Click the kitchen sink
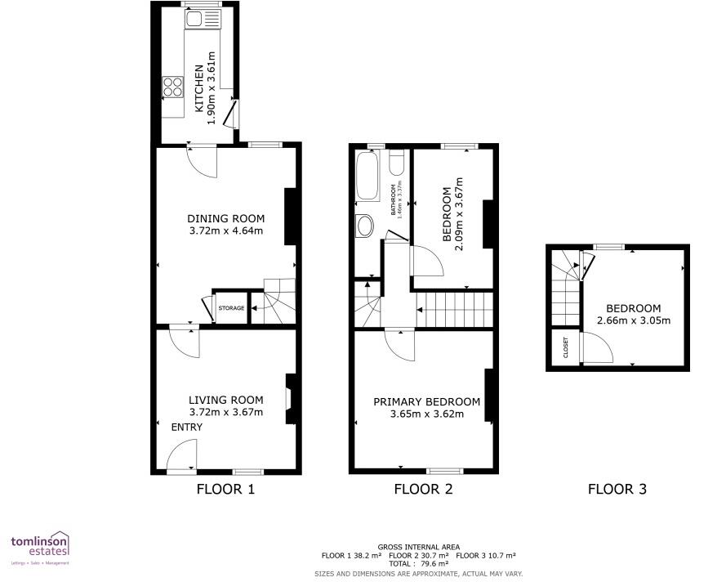(197, 19)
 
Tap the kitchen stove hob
(173, 86)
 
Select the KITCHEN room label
(198, 88)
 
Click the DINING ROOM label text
(226, 218)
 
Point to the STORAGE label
(231, 308)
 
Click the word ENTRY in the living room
(186, 428)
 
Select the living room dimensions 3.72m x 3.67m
(226, 413)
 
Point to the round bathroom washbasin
(364, 226)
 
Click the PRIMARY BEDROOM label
(426, 401)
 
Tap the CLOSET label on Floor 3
(565, 348)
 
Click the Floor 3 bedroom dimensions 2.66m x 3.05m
(634, 320)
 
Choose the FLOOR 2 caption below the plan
(423, 490)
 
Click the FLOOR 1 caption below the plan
(226, 490)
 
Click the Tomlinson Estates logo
(39, 548)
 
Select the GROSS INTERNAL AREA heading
(418, 547)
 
